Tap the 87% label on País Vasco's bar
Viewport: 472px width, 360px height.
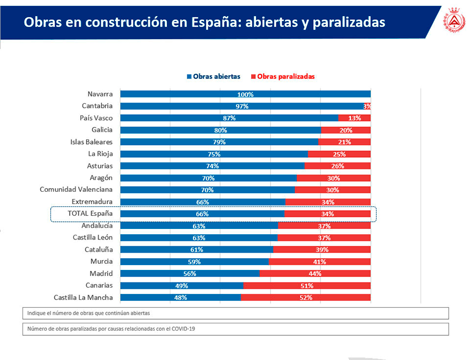click(229, 118)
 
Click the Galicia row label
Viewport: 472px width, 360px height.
click(102, 130)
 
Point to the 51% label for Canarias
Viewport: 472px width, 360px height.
click(307, 286)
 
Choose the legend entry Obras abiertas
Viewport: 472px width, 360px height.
click(213, 77)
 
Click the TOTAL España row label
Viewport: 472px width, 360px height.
click(90, 214)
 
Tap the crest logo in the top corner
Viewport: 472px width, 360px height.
click(454, 21)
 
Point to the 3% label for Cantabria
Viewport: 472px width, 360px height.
click(367, 106)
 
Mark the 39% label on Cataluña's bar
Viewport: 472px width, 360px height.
click(322, 250)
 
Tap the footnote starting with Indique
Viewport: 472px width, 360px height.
click(88, 313)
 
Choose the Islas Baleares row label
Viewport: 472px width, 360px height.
click(91, 142)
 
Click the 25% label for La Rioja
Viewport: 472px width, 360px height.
click(339, 154)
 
